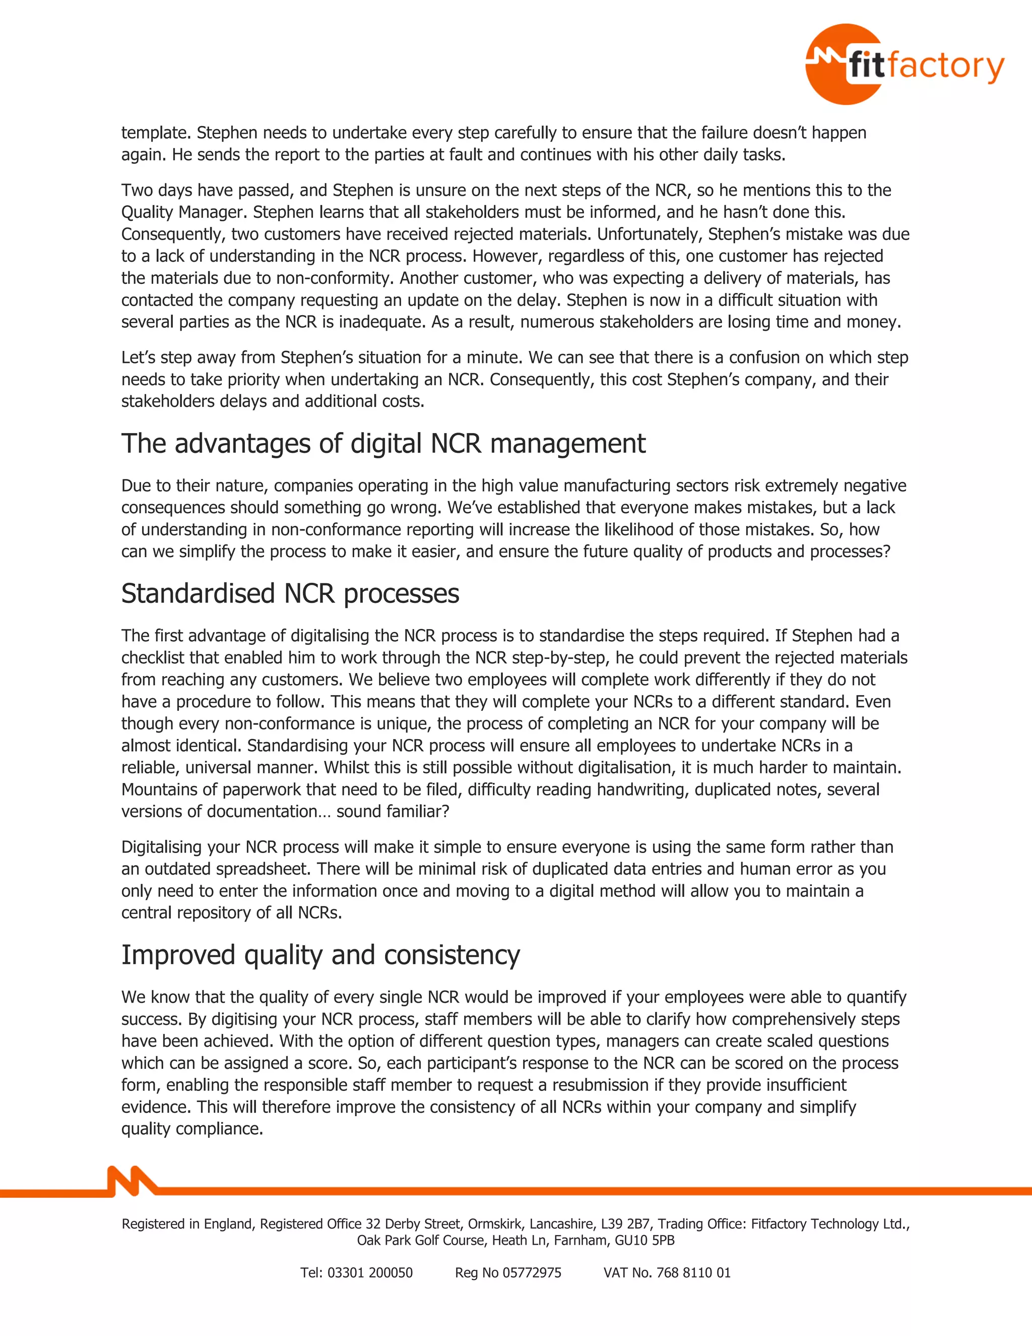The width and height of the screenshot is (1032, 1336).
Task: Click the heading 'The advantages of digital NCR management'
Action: (383, 444)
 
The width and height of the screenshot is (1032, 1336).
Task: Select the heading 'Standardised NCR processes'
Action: (290, 593)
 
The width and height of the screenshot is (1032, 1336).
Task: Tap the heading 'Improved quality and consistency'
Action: (320, 955)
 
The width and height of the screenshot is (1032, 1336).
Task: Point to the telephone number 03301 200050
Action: (370, 1272)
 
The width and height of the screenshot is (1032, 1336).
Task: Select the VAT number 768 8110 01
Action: (693, 1272)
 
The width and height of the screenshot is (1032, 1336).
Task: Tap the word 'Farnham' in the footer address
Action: (582, 1240)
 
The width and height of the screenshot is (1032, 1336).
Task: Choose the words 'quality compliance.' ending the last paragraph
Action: (192, 1129)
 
